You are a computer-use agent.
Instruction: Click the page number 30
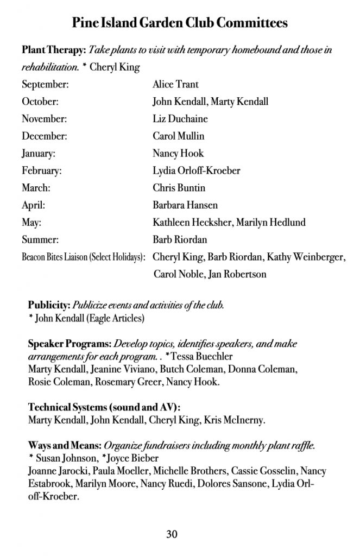coord(172,534)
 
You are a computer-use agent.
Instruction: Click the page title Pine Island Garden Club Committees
coord(180,23)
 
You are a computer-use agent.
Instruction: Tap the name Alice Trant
coord(175,84)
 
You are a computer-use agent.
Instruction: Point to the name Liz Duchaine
coord(180,119)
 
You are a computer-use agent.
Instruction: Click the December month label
coord(45,136)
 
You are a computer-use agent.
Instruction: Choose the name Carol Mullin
coord(179,136)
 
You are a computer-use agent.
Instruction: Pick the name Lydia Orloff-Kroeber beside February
coord(197,170)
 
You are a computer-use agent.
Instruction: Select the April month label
coord(34,205)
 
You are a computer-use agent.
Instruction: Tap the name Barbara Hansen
coord(185,205)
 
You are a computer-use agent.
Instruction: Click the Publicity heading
coord(49,305)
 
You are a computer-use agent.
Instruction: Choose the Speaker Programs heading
coord(70,344)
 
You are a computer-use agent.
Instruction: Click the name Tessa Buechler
coord(194,357)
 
